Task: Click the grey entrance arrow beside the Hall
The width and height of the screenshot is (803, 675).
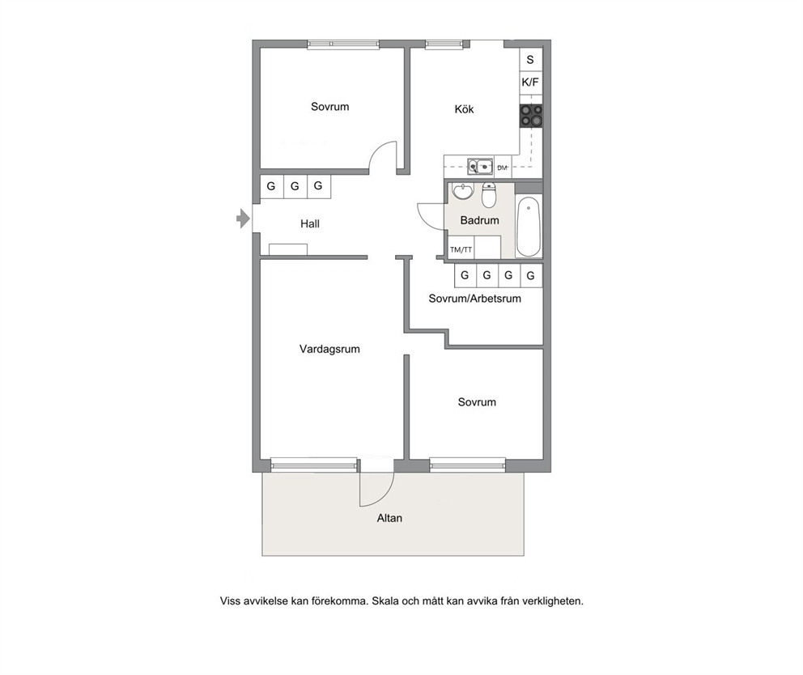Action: click(243, 219)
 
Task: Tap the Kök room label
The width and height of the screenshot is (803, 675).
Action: click(464, 109)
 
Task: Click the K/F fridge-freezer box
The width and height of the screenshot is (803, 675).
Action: click(530, 82)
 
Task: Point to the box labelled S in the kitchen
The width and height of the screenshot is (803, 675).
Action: click(530, 59)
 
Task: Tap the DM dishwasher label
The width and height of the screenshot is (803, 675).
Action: click(503, 168)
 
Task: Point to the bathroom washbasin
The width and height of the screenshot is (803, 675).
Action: click(464, 191)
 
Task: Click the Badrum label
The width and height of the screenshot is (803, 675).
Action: click(479, 220)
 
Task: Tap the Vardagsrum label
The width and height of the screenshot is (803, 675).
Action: click(329, 350)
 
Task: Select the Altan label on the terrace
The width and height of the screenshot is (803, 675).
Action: click(389, 518)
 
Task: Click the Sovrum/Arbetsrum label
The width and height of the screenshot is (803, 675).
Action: click(474, 299)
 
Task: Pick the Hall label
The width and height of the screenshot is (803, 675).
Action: click(310, 223)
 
